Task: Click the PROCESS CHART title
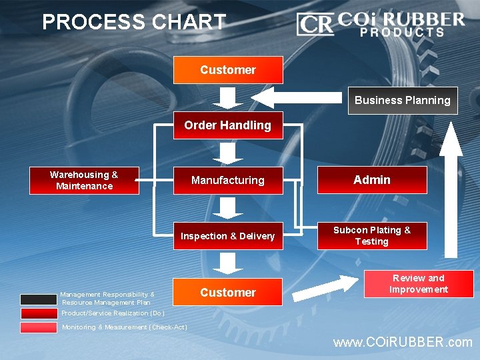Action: [134, 23]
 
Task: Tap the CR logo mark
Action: [315, 24]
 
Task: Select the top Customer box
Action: [228, 70]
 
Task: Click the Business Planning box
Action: [402, 101]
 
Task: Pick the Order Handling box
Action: [228, 125]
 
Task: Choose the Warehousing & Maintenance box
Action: [84, 180]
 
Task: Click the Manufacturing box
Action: [228, 180]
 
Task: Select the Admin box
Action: [371, 180]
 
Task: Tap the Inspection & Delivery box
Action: [228, 236]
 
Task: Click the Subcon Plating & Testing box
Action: [371, 236]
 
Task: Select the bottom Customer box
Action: [228, 292]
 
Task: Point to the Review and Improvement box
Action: [418, 283]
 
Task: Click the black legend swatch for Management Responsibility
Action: [39, 299]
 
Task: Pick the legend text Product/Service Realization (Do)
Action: [113, 313]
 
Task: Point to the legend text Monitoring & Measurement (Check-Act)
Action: [124, 327]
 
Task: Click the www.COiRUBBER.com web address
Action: [403, 343]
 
